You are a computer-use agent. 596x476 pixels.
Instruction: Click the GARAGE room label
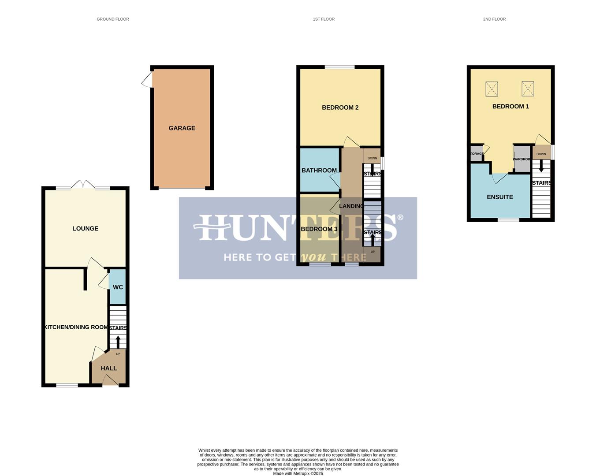(182, 128)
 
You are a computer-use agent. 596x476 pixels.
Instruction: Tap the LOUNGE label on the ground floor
(86, 228)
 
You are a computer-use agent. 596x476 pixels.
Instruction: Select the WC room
(118, 287)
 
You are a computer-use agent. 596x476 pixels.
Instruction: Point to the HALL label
(109, 368)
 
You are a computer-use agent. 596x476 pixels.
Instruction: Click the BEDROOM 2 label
(340, 108)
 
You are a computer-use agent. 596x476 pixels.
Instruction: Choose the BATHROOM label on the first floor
(319, 171)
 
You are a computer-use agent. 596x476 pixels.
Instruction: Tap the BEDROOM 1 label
(510, 106)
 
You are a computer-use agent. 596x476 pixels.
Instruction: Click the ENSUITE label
(500, 197)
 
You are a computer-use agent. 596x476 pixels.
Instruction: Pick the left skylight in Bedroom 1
(492, 89)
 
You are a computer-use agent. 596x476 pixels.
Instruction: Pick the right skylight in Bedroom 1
(528, 89)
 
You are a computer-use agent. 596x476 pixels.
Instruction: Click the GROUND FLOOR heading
(113, 19)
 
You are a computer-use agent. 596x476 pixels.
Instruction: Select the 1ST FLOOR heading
(324, 19)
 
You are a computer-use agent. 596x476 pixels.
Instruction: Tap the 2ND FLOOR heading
(494, 19)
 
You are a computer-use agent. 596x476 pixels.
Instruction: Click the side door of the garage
(147, 80)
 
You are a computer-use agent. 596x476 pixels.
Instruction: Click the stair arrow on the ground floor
(118, 342)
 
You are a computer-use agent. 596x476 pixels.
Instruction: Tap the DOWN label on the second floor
(541, 154)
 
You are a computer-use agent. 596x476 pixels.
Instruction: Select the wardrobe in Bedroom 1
(522, 159)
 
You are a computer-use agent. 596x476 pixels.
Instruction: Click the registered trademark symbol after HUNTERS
(400, 217)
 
